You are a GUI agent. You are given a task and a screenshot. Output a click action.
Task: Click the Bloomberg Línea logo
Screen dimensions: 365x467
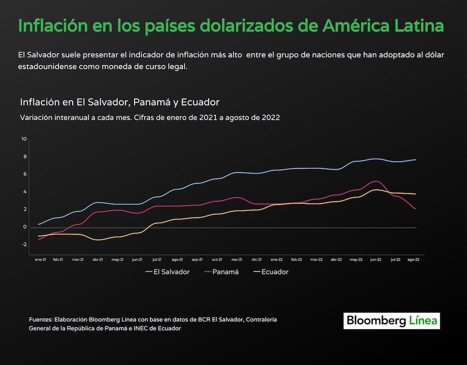[x=392, y=321]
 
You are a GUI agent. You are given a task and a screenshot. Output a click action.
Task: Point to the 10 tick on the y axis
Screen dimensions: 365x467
[x=24, y=139]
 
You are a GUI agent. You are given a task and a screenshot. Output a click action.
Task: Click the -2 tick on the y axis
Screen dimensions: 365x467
[x=24, y=244]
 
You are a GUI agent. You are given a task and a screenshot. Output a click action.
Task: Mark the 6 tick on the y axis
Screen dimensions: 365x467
[x=25, y=174]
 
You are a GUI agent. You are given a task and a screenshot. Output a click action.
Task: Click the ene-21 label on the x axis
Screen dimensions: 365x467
[x=40, y=259]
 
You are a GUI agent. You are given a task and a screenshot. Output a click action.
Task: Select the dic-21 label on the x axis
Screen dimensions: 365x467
[x=257, y=259]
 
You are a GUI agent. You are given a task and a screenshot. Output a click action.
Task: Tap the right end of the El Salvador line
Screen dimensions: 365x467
[x=416, y=160]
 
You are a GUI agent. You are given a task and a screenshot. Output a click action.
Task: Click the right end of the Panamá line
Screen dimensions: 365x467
[x=416, y=208]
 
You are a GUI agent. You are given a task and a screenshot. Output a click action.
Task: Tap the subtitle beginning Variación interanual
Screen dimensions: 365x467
[x=150, y=118]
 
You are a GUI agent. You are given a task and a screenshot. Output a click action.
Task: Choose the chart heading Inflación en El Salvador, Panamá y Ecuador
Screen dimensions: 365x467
[x=120, y=102]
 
